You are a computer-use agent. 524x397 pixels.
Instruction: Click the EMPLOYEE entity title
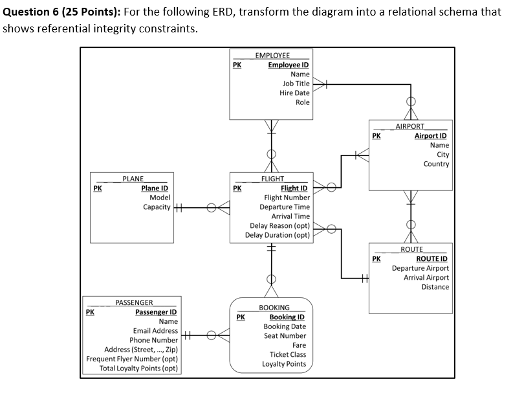click(x=272, y=56)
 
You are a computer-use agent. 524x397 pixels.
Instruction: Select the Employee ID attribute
click(x=289, y=65)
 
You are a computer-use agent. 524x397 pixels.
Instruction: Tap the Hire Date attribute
click(x=294, y=93)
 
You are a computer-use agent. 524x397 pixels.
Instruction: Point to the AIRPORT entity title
click(x=410, y=126)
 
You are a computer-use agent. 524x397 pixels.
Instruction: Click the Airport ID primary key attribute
click(x=431, y=136)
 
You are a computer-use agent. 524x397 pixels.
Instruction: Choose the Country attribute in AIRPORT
click(x=436, y=164)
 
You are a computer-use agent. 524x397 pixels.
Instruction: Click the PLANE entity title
click(x=133, y=179)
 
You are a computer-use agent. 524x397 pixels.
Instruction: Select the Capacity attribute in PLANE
click(x=157, y=207)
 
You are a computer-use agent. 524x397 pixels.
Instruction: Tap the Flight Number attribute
click(x=287, y=198)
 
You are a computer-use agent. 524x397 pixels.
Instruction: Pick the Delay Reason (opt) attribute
click(x=280, y=225)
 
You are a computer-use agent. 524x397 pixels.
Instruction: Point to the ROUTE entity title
click(x=411, y=249)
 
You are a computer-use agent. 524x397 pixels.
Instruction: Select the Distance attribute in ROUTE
click(x=435, y=287)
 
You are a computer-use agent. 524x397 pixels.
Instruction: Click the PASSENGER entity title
click(x=134, y=302)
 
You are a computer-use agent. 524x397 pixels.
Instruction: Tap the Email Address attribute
click(x=155, y=331)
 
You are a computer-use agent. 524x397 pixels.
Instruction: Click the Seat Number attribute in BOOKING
click(x=285, y=335)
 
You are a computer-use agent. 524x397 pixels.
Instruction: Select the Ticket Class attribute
click(x=288, y=354)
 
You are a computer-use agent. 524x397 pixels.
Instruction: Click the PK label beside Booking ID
click(x=241, y=317)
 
